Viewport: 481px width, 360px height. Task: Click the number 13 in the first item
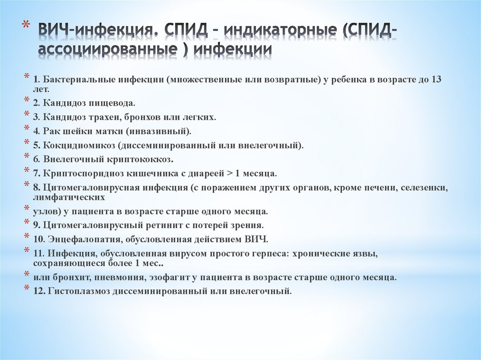(x=436, y=79)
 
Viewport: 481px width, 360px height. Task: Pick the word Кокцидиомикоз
(x=75, y=145)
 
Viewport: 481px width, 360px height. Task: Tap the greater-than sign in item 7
(x=230, y=173)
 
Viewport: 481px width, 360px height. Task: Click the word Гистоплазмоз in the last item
(x=78, y=291)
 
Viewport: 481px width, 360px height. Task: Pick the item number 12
(x=39, y=291)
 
